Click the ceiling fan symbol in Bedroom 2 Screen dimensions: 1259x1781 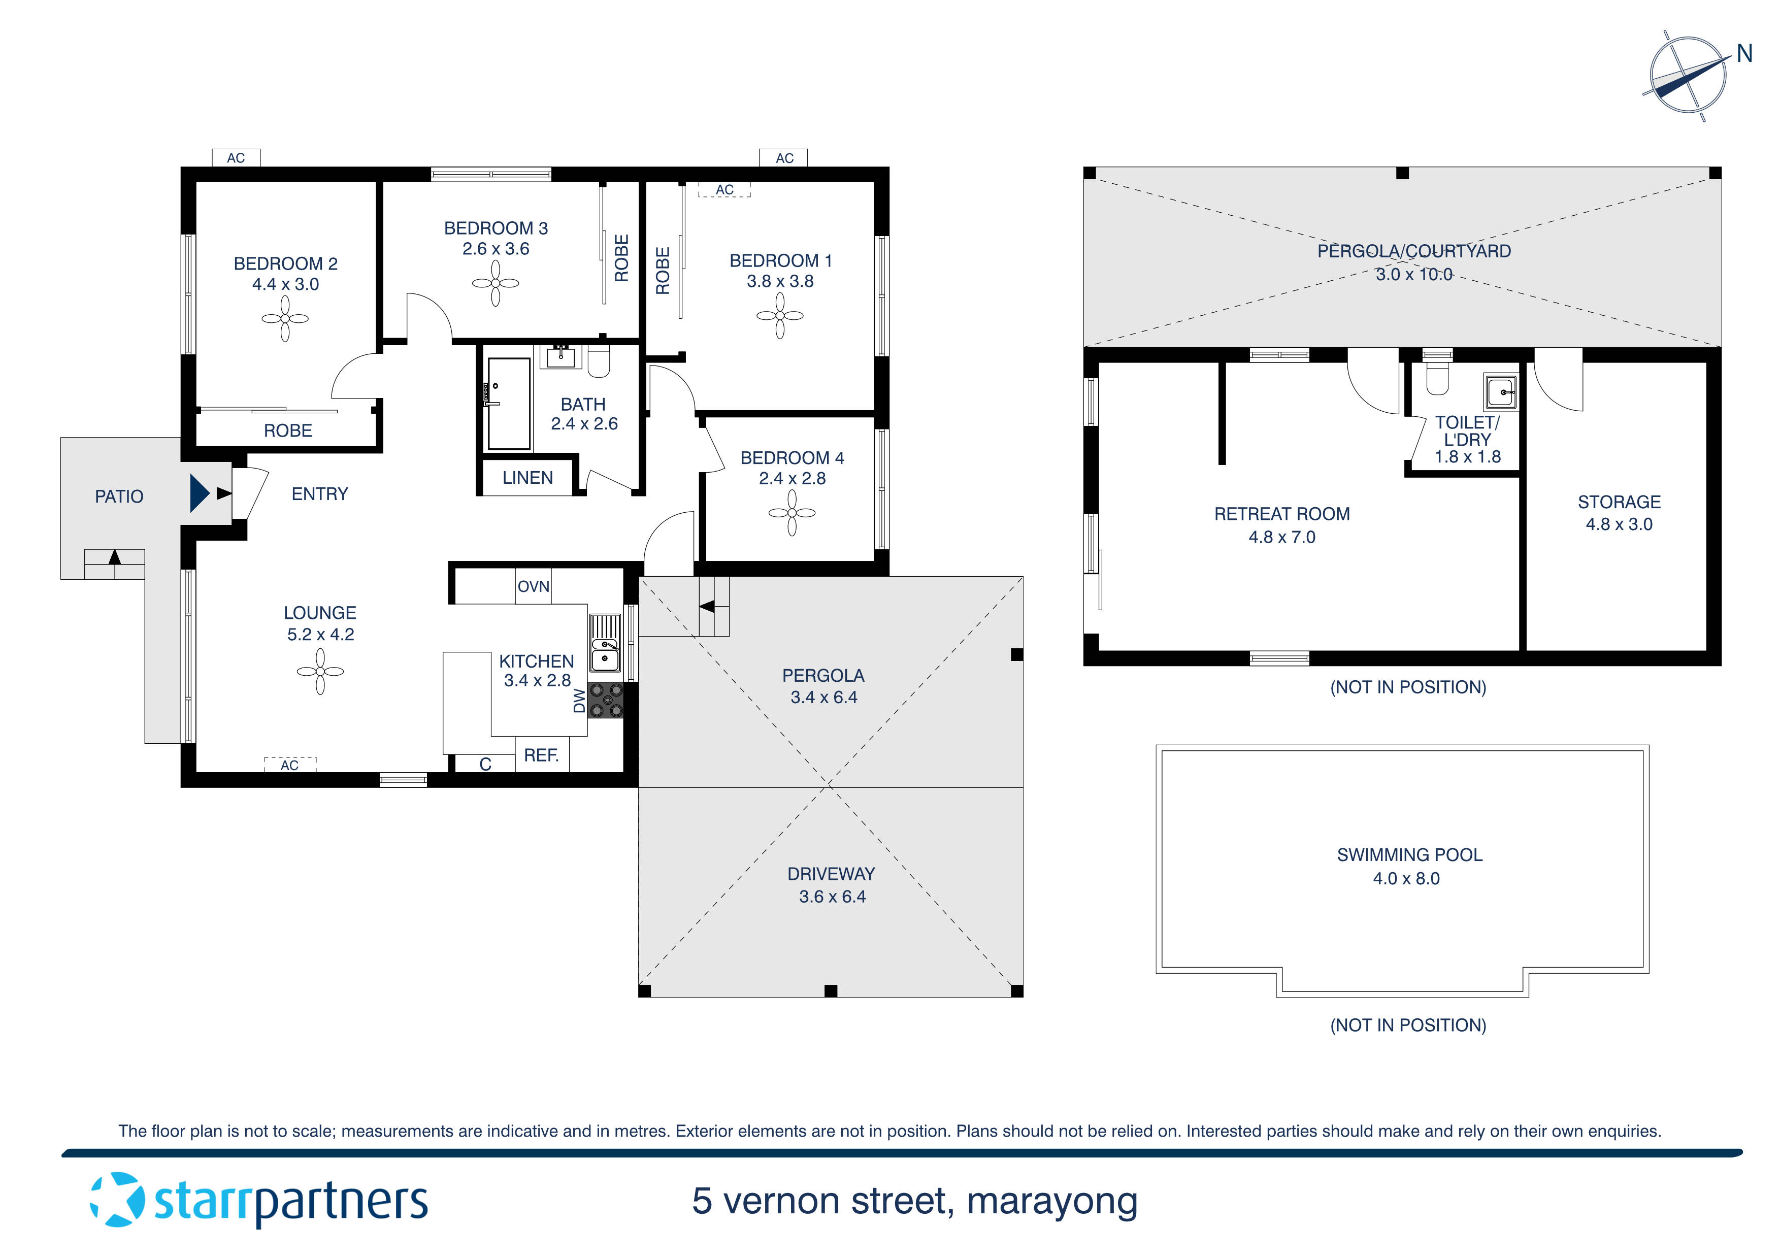point(285,319)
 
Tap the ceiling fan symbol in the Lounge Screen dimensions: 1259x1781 point(319,672)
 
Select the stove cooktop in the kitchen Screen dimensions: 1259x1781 point(606,700)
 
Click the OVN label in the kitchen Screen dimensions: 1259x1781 point(534,586)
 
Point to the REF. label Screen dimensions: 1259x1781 point(541,755)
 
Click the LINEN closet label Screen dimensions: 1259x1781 point(527,478)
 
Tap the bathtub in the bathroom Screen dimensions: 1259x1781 point(508,404)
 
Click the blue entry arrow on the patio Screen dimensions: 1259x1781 point(200,493)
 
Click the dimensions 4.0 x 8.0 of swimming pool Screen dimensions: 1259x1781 point(1406,878)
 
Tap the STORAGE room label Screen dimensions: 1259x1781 point(1619,502)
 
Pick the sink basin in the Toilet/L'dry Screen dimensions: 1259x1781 point(1501,392)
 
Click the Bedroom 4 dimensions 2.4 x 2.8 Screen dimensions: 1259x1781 point(792,479)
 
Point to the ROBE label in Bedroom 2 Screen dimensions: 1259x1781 point(288,430)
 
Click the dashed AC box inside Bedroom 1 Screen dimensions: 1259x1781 point(724,190)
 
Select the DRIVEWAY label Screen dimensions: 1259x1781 point(831,874)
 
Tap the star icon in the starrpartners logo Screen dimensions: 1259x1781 point(118,1200)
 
